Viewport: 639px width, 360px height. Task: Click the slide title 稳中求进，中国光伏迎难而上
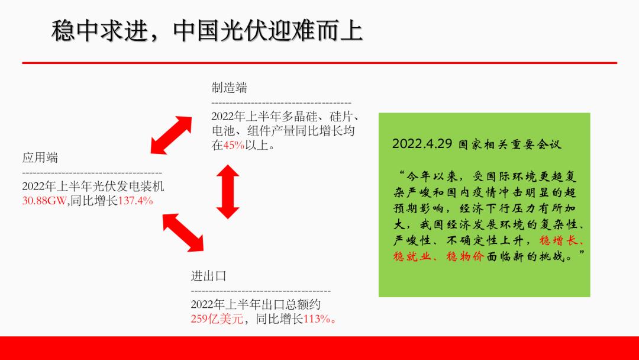pos(206,31)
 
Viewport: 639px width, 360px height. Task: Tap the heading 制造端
pos(229,88)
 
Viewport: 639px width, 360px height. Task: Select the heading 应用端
pos(40,157)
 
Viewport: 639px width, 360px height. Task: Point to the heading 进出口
pos(208,276)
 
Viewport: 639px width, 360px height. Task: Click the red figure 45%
pos(234,144)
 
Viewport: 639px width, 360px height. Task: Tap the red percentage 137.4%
pos(135,201)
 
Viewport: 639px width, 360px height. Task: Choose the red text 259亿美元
pos(217,319)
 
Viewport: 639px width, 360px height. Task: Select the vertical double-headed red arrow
pos(228,191)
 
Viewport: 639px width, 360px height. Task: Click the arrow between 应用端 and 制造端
pos(171,135)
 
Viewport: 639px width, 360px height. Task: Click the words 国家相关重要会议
pos(509,144)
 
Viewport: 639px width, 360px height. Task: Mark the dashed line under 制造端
pos(281,103)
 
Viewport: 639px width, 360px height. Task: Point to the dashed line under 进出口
pos(260,291)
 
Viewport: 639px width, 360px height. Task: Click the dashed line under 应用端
pos(92,172)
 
